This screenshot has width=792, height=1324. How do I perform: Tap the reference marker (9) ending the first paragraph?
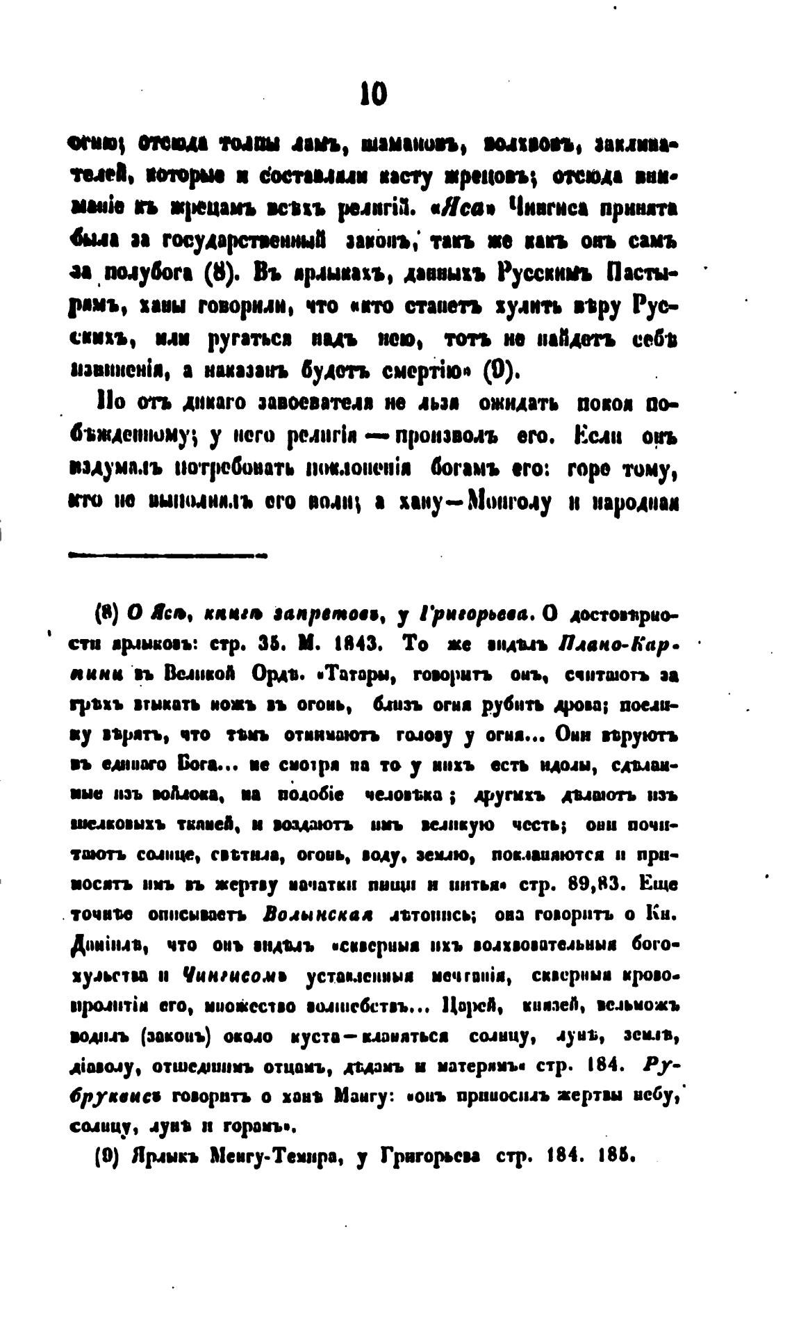pyautogui.click(x=501, y=369)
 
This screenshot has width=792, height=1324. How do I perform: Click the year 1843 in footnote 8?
pyautogui.click(x=355, y=643)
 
